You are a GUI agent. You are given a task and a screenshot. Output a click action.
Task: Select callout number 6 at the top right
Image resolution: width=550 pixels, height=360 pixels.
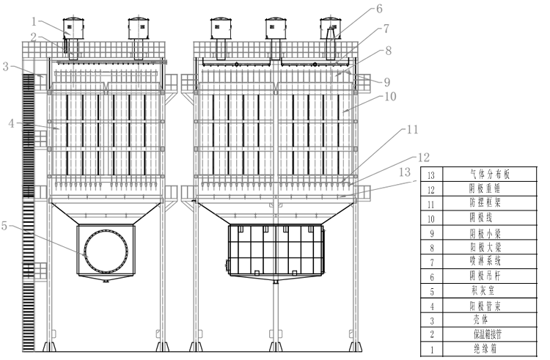[379, 9]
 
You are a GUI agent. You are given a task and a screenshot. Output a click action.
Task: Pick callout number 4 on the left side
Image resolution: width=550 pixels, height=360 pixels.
[10, 122]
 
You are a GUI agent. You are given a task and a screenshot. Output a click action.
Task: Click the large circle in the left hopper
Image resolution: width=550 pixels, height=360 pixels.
[107, 250]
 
